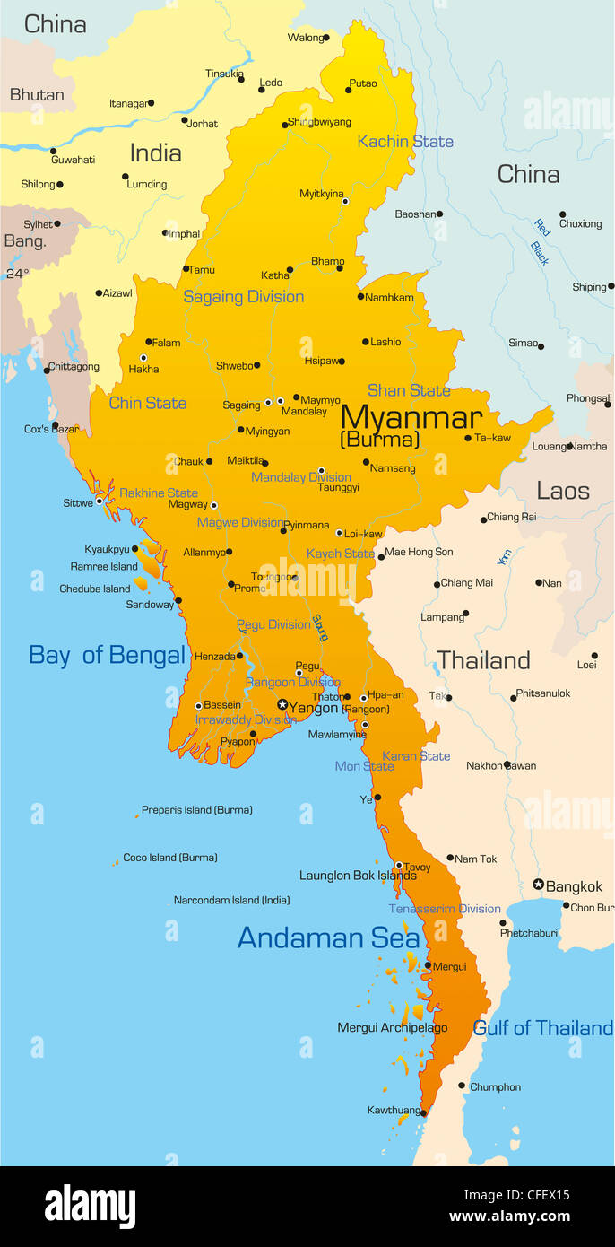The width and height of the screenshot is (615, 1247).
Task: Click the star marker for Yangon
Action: coord(282,705)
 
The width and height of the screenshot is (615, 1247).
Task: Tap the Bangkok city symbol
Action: coord(539,885)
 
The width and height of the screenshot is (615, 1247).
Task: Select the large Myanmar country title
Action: coord(411,417)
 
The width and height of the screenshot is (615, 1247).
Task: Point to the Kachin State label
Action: coord(405,142)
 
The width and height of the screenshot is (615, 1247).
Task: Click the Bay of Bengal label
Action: coord(107,655)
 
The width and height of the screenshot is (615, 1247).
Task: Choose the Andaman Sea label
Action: coord(328,937)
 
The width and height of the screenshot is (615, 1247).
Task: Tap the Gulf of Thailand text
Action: coord(542,1028)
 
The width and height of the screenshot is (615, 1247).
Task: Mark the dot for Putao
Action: coord(348,90)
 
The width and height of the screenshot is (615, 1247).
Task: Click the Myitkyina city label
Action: coord(321,194)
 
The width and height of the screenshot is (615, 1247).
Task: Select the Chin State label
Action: coord(148,403)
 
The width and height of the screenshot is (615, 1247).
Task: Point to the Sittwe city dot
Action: coord(100,502)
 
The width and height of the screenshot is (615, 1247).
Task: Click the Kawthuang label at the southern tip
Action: coord(394,1110)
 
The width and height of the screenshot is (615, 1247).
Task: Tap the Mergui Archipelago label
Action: coord(392,1028)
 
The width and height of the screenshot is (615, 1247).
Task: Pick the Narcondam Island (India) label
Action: coord(231,900)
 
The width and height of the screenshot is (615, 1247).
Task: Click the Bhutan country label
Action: coord(37,94)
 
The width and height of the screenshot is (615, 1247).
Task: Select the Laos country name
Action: coord(563,491)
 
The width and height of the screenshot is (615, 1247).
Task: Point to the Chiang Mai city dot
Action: coord(436,584)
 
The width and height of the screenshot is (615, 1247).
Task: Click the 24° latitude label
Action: coord(17,274)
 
